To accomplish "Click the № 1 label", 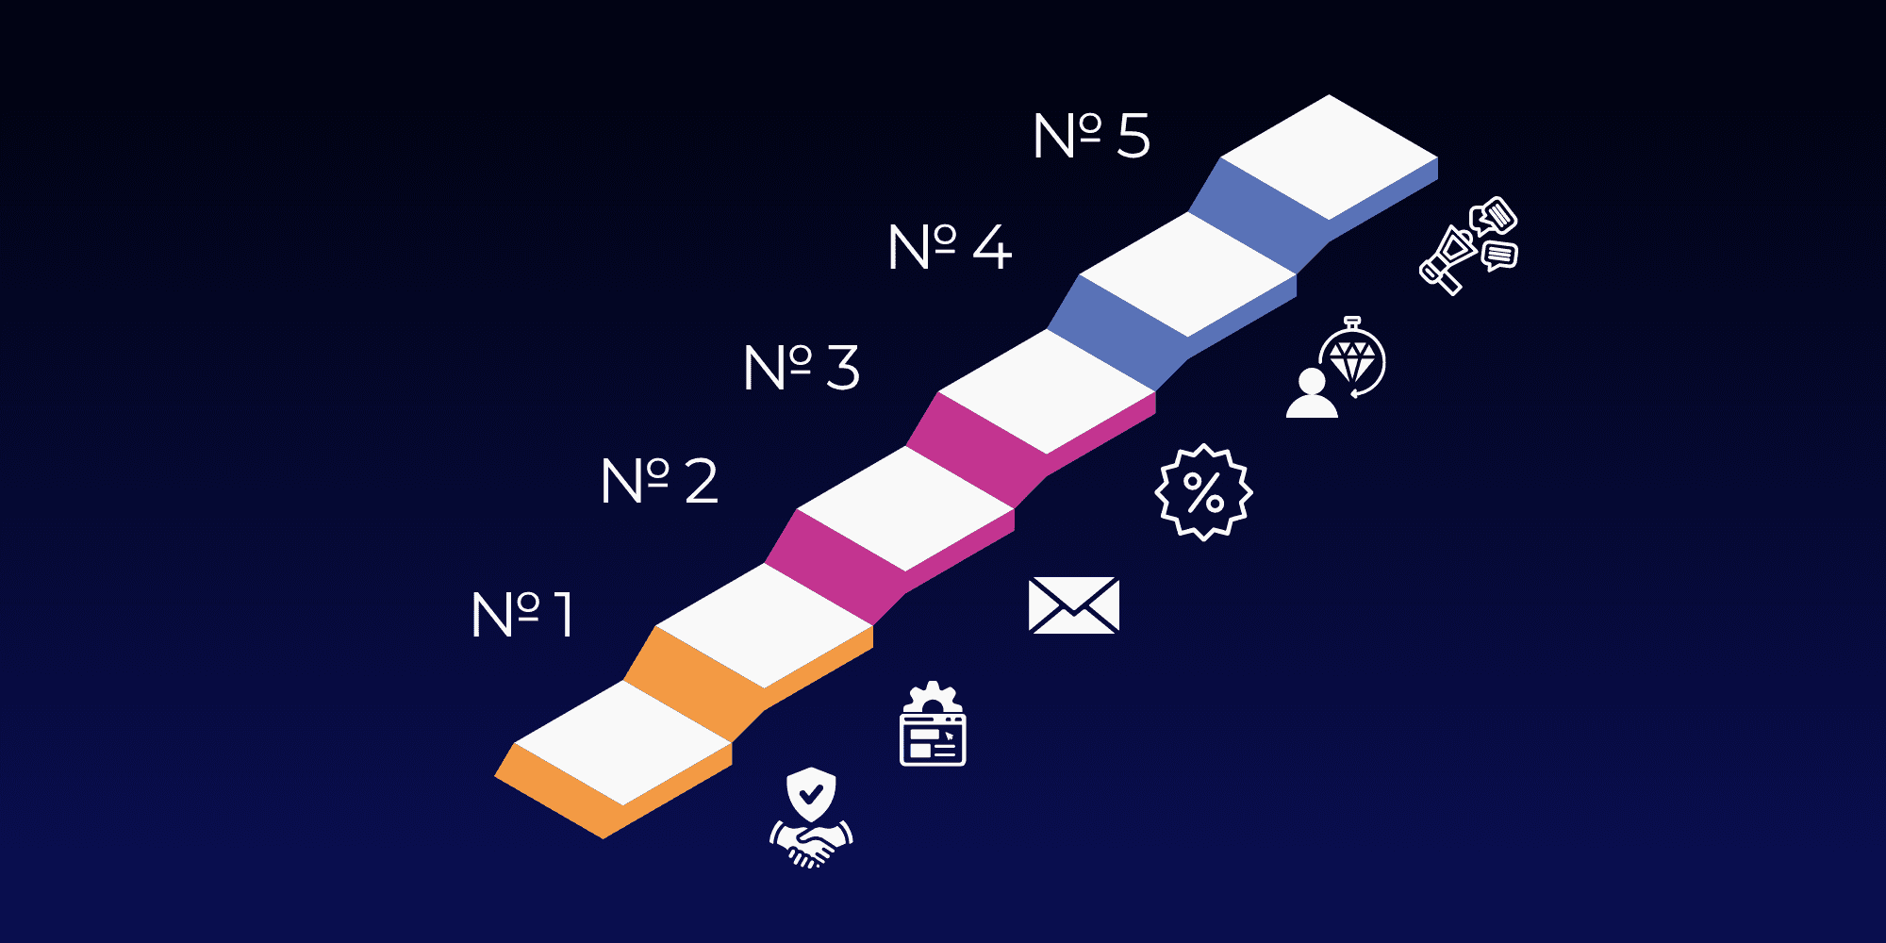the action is (522, 615).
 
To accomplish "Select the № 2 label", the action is (659, 481).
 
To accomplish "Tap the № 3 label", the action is (802, 367).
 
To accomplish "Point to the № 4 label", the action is (950, 247).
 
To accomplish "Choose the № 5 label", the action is (1091, 136).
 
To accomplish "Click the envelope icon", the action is (1073, 605).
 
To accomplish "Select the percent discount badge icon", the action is (1203, 492).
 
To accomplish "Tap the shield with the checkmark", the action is (811, 794).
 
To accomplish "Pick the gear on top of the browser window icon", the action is (933, 699).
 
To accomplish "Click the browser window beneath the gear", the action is (933, 739).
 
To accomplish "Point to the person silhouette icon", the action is (1312, 394).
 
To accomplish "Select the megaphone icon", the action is (1448, 258).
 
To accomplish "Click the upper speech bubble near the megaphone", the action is (1494, 216).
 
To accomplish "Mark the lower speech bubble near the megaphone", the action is (1499, 255).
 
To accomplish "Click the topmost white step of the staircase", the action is (1330, 157).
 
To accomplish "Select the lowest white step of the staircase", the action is (622, 743).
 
